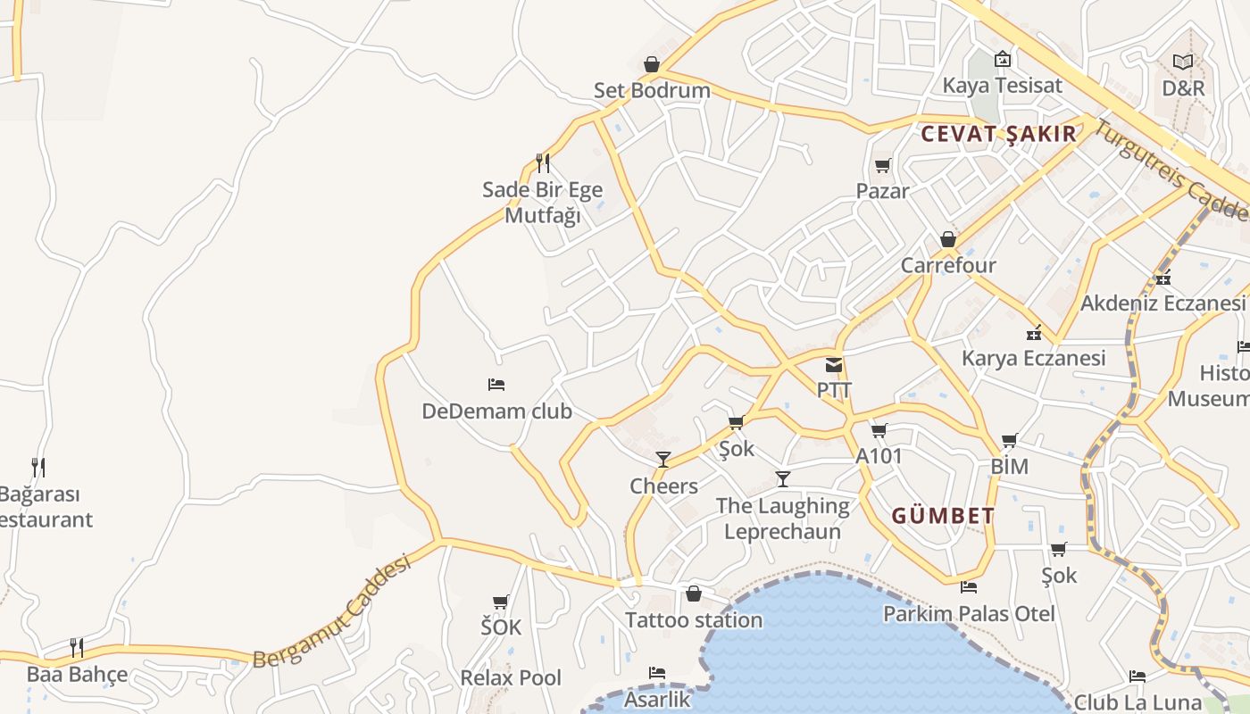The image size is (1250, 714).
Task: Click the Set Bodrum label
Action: coord(652,90)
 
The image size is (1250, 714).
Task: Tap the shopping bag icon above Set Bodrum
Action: coord(652,64)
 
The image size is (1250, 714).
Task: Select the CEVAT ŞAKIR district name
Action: coord(998,134)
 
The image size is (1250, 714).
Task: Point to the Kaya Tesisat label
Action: coord(1003,86)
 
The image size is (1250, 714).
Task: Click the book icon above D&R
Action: coord(1183,62)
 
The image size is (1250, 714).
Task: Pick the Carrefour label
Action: coord(948,265)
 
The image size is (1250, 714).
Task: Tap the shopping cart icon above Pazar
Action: coord(883,165)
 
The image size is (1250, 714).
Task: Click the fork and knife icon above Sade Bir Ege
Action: coord(542,162)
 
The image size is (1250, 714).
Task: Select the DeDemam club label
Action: coord(496,411)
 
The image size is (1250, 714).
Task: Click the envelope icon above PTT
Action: coord(834,364)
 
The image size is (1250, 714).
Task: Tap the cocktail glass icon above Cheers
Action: coord(663,460)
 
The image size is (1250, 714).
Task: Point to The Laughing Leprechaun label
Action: coord(782,519)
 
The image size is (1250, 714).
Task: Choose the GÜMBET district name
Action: coord(943,516)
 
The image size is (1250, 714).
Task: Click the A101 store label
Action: coord(879,456)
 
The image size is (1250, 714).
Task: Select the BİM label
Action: coord(1010,466)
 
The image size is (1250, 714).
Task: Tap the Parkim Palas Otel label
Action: coord(969,613)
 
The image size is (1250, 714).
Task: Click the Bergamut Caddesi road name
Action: coord(331,612)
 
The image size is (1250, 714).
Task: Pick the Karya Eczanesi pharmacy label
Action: coord(1033,358)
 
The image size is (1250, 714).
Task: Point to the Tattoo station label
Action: coord(694,619)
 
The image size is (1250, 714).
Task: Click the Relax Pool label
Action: coord(511,677)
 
